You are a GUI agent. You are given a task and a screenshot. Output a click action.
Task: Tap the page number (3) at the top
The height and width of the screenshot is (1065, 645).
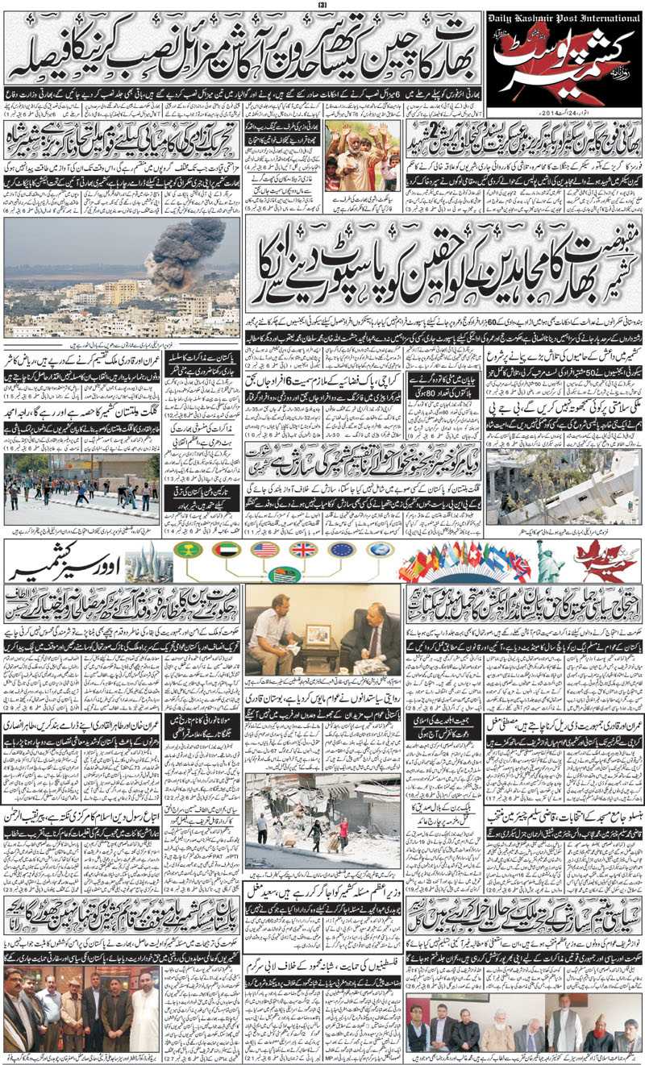[322, 5]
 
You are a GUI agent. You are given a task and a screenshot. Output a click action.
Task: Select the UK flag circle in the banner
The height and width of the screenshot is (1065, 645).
[303, 550]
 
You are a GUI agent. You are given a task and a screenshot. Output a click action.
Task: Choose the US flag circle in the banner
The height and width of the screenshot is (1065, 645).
[264, 550]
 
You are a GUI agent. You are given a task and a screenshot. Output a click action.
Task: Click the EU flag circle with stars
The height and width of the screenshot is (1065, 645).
[342, 550]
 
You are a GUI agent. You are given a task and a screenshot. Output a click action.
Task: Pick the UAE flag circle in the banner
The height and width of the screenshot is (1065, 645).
[227, 550]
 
